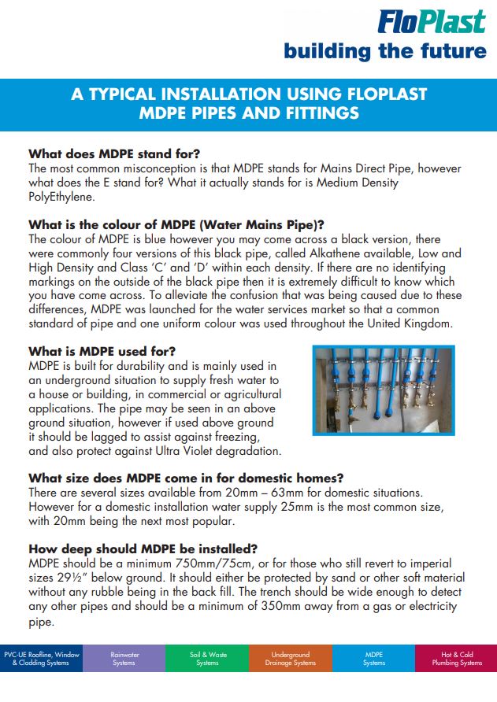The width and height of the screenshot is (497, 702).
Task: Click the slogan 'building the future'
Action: pyautogui.click(x=385, y=51)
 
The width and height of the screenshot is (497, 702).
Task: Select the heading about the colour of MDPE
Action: pyautogui.click(x=176, y=224)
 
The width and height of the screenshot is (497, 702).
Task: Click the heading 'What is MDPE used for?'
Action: pyautogui.click(x=102, y=351)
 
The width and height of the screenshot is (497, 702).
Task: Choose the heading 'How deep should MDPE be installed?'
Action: pyautogui.click(x=143, y=549)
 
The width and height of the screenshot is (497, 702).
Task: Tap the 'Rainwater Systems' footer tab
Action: pyautogui.click(x=124, y=659)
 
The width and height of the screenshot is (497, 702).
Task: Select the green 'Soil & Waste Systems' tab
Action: pyautogui.click(x=207, y=659)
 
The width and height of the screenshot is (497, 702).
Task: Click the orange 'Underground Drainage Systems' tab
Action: pyautogui.click(x=290, y=659)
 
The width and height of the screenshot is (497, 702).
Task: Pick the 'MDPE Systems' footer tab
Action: pyautogui.click(x=373, y=659)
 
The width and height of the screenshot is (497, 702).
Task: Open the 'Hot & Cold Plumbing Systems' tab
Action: pyautogui.click(x=456, y=659)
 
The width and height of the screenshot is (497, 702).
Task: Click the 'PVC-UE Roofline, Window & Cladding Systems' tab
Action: pyautogui.click(x=41, y=659)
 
